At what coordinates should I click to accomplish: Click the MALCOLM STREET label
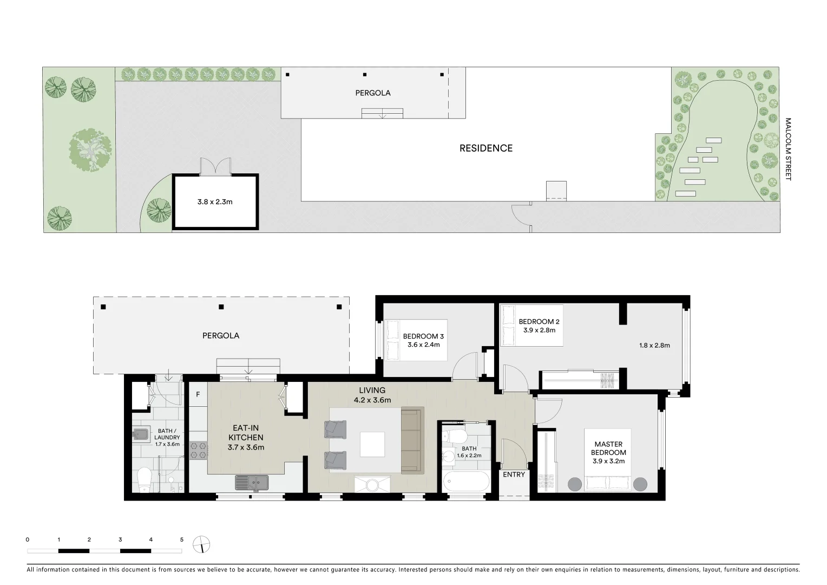click(x=788, y=149)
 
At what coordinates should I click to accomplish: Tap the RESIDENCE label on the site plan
click(x=485, y=148)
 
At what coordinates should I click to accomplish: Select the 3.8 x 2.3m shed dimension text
click(x=215, y=202)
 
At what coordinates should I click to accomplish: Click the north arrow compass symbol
click(x=201, y=544)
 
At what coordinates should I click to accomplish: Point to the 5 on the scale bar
click(x=182, y=539)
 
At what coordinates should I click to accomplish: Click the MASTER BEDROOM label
click(x=608, y=448)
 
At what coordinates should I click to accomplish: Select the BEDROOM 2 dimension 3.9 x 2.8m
click(x=539, y=330)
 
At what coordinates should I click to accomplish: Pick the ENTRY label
click(x=514, y=474)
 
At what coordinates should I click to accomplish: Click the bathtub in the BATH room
click(x=465, y=481)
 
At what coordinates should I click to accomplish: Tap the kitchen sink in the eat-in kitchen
click(x=252, y=481)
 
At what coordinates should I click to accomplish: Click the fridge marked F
click(x=198, y=394)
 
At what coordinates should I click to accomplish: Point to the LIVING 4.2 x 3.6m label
click(x=372, y=395)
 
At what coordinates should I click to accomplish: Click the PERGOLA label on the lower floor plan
click(x=221, y=335)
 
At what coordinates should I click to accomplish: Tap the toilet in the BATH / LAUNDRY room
click(x=144, y=480)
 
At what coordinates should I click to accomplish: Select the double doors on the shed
click(x=215, y=166)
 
